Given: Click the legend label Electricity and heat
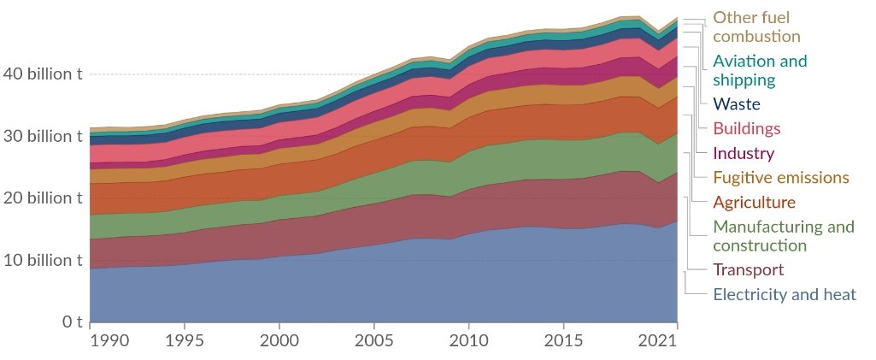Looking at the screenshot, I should (785, 295).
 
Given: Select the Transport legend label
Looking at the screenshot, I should (748, 270).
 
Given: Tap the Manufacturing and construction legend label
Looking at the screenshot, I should (784, 236).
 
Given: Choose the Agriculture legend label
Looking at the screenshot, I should (754, 203).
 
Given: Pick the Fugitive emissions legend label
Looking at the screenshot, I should (781, 178).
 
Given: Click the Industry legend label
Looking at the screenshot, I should (744, 154).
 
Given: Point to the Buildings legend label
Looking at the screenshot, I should (747, 129).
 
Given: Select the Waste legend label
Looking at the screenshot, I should (737, 104).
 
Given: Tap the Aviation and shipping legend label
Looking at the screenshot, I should (760, 70).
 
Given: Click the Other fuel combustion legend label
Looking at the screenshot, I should (756, 27).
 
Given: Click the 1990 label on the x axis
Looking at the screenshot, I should (109, 340).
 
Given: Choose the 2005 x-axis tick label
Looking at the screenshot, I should (373, 340).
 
